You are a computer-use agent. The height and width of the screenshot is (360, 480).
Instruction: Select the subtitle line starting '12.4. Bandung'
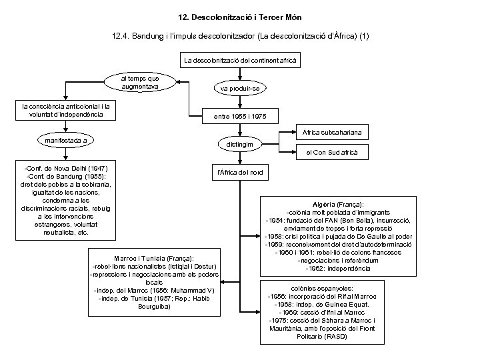[x=240, y=35]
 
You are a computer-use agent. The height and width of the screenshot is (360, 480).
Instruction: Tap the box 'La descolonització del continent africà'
[x=240, y=61]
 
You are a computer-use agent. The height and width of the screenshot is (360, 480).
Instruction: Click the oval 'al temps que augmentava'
[x=140, y=83]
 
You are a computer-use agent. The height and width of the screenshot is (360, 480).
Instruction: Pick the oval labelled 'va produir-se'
[x=240, y=88]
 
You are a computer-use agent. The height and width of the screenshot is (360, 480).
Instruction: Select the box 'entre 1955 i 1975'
[x=240, y=116]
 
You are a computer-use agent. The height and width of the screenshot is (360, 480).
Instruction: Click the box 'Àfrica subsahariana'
[x=331, y=133]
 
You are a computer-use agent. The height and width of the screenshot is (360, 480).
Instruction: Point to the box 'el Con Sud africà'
[x=331, y=153]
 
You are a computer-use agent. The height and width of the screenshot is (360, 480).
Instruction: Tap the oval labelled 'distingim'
[x=240, y=144]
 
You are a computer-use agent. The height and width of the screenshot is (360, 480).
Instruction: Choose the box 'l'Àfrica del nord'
[x=240, y=173]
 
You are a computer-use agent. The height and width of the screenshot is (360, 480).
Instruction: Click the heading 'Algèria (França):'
[x=337, y=204]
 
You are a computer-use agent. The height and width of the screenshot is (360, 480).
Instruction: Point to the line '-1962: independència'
[x=337, y=268]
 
